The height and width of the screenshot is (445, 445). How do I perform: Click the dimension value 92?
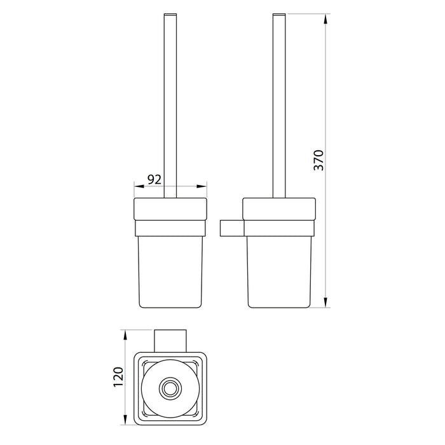154,179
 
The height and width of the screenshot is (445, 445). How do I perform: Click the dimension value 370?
318,160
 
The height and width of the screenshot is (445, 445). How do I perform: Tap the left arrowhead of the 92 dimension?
139,186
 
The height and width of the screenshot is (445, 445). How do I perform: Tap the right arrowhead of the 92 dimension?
202,186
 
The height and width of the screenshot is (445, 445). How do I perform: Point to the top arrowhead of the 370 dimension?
325,18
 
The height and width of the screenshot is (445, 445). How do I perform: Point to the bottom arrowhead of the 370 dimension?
325,302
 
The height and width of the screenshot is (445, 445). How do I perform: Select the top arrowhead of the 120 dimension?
125,335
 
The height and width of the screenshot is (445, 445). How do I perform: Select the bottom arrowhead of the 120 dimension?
125,420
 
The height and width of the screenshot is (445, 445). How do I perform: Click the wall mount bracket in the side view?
232,228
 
